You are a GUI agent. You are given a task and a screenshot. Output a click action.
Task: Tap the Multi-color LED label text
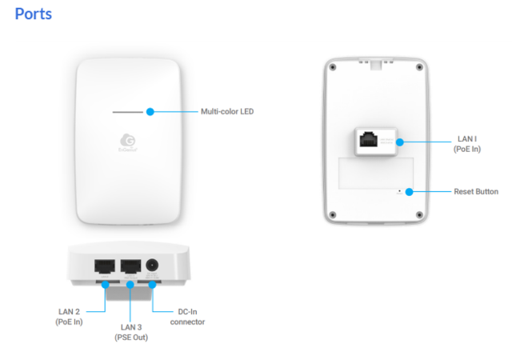(x=226, y=111)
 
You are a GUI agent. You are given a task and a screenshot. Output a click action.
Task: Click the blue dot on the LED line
(x=150, y=111)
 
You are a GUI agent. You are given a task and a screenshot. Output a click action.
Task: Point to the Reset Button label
(x=476, y=191)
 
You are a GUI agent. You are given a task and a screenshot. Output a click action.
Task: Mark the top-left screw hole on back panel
(x=333, y=66)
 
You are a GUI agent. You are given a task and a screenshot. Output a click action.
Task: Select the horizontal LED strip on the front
(x=128, y=111)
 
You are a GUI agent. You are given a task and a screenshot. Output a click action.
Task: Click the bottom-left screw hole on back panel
(x=333, y=216)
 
